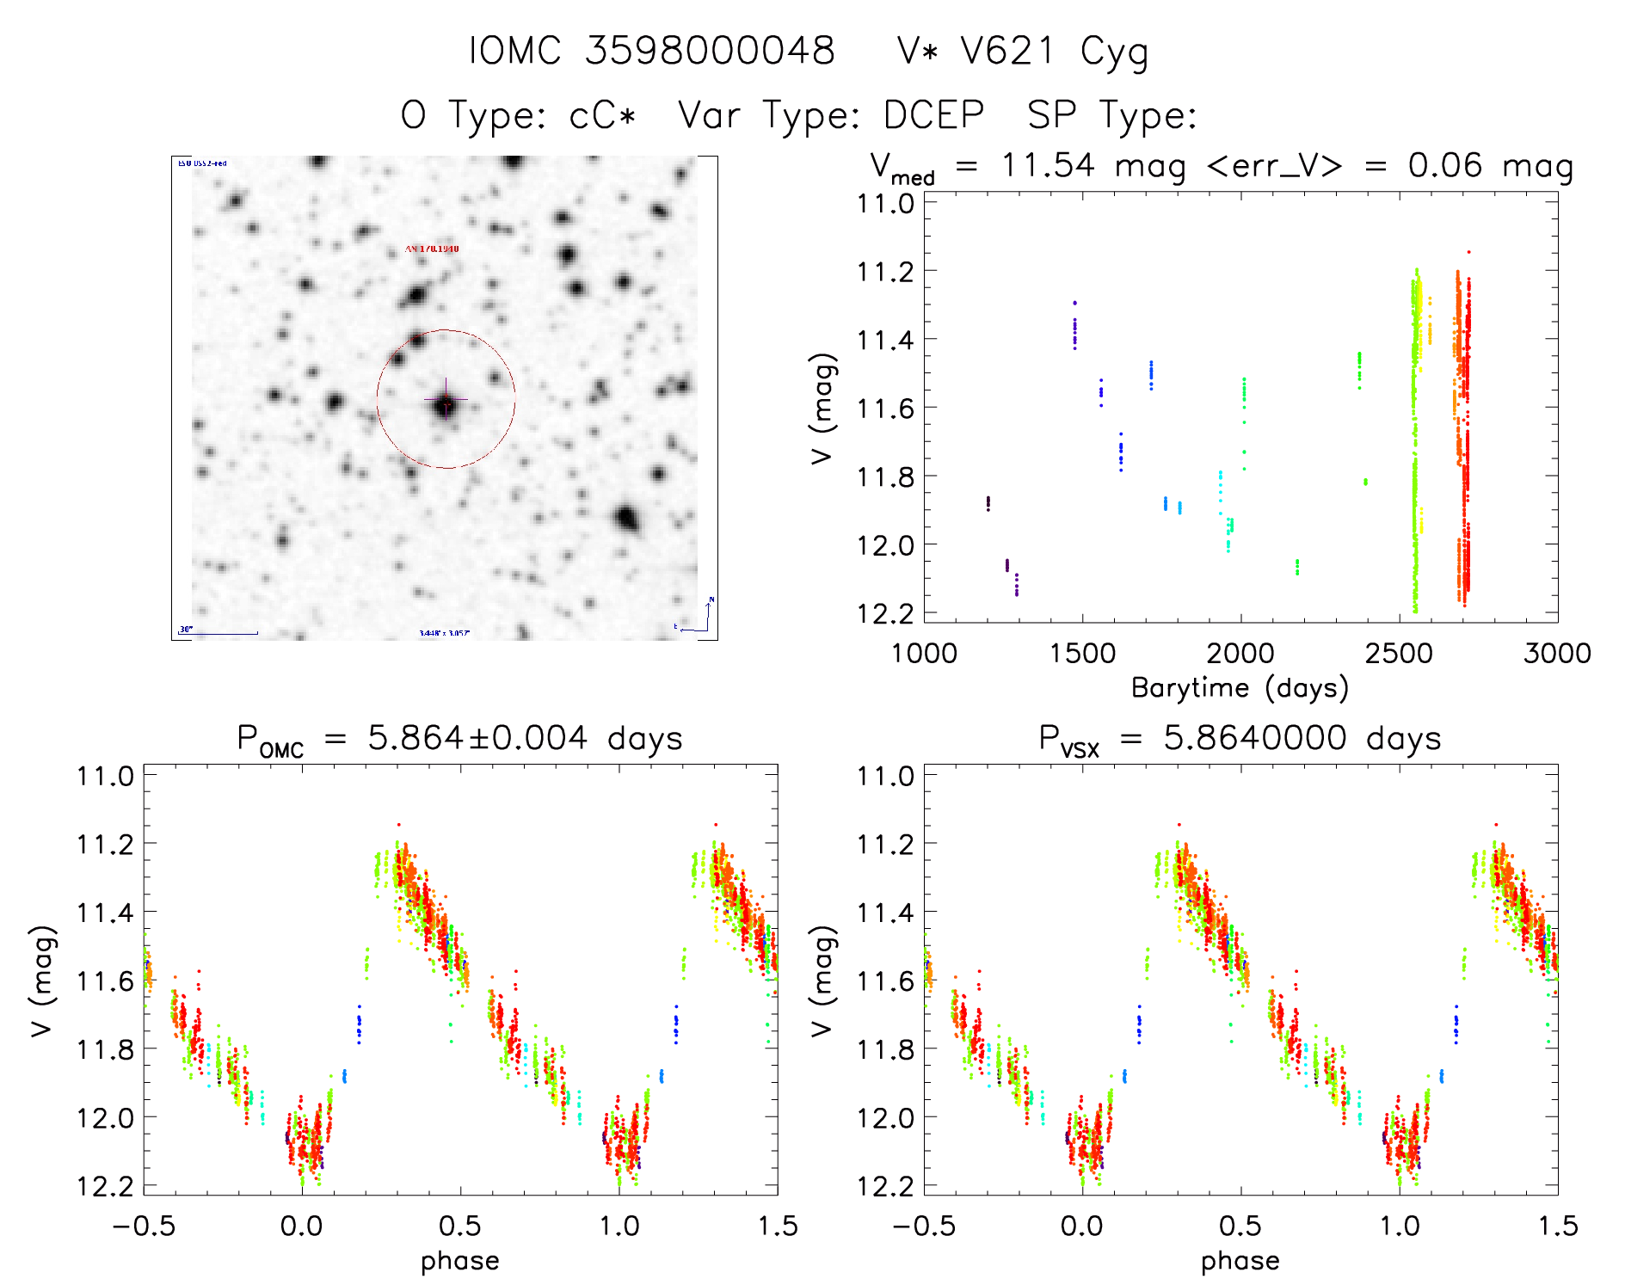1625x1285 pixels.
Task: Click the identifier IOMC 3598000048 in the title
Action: (651, 51)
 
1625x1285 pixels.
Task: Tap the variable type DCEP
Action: (933, 115)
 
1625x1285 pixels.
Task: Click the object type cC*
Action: (602, 115)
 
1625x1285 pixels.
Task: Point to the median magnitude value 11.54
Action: (1048, 165)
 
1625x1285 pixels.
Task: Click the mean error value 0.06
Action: (1445, 165)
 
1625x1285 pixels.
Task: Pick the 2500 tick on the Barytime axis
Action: (1399, 654)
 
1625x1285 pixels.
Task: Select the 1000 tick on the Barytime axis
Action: (924, 654)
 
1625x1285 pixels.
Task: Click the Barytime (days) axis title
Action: (1240, 688)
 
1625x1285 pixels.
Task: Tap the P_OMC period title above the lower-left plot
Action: (459, 739)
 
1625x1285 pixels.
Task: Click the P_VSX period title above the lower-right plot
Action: (1240, 739)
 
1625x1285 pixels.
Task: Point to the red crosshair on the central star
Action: (446, 400)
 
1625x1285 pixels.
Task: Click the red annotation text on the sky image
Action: (432, 249)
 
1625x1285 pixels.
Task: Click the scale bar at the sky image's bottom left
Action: (219, 632)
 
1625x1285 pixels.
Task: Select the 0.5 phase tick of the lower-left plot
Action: (460, 1227)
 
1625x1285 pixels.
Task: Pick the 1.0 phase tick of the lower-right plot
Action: (1400, 1227)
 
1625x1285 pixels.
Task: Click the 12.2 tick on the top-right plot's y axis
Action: (885, 613)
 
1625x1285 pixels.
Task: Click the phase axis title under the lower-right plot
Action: (1240, 1261)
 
